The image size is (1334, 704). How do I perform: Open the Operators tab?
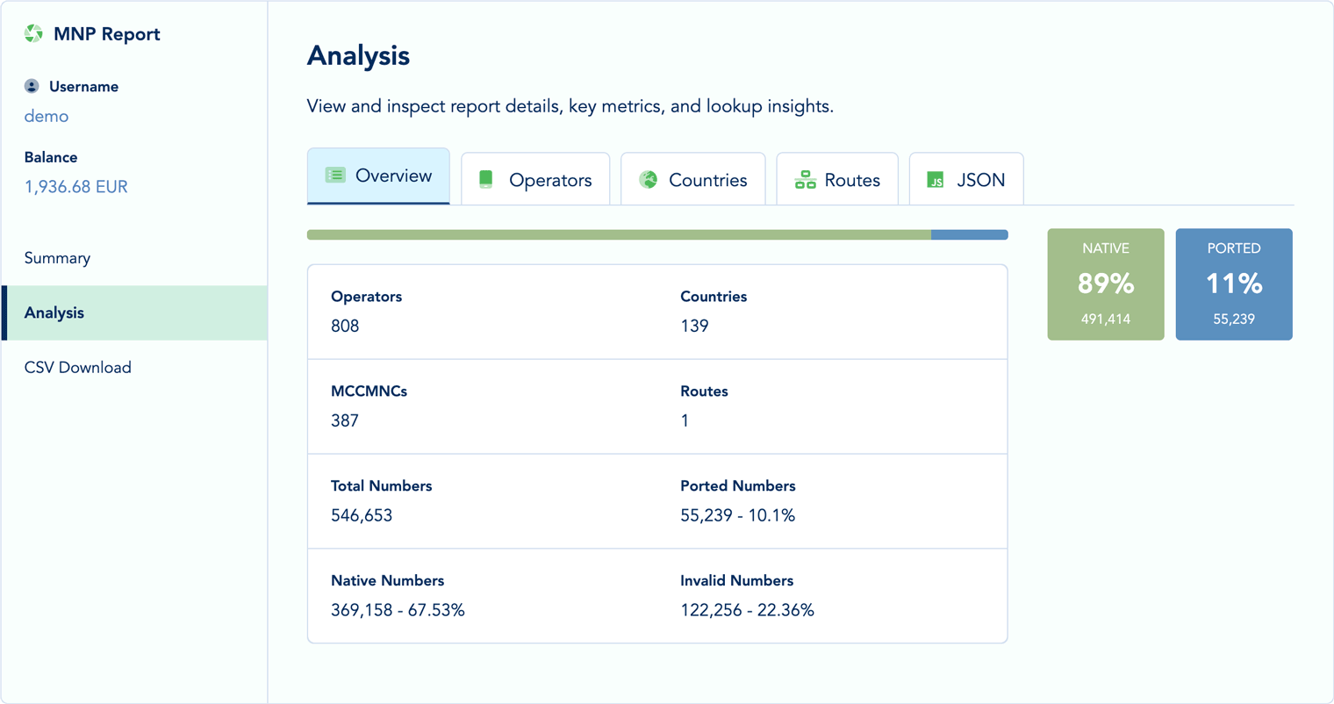pos(535,180)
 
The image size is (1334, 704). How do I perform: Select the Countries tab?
pos(693,180)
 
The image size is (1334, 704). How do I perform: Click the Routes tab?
pos(837,180)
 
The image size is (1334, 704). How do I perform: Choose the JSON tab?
pos(966,180)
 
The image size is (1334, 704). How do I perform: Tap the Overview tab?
pos(378,176)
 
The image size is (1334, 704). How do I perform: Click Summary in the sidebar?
pos(57,258)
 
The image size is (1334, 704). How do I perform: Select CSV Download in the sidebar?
pos(78,368)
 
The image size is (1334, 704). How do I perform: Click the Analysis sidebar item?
pos(54,312)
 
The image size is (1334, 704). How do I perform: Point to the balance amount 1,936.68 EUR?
pos(76,187)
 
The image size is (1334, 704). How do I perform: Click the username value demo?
pos(47,116)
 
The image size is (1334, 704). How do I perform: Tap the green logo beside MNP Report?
pos(33,33)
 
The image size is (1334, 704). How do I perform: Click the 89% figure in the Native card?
pos(1106,284)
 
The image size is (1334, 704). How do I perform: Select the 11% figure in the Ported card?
pos(1234,284)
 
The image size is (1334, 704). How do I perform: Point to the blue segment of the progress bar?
pos(969,234)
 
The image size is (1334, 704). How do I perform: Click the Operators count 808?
pos(345,326)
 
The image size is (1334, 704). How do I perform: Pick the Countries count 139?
pos(694,326)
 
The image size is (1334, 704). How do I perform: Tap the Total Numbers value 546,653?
pos(362,515)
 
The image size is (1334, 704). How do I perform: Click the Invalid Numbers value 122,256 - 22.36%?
pos(747,610)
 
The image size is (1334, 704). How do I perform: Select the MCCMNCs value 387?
pos(345,420)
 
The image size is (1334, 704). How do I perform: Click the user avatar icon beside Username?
pos(32,86)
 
